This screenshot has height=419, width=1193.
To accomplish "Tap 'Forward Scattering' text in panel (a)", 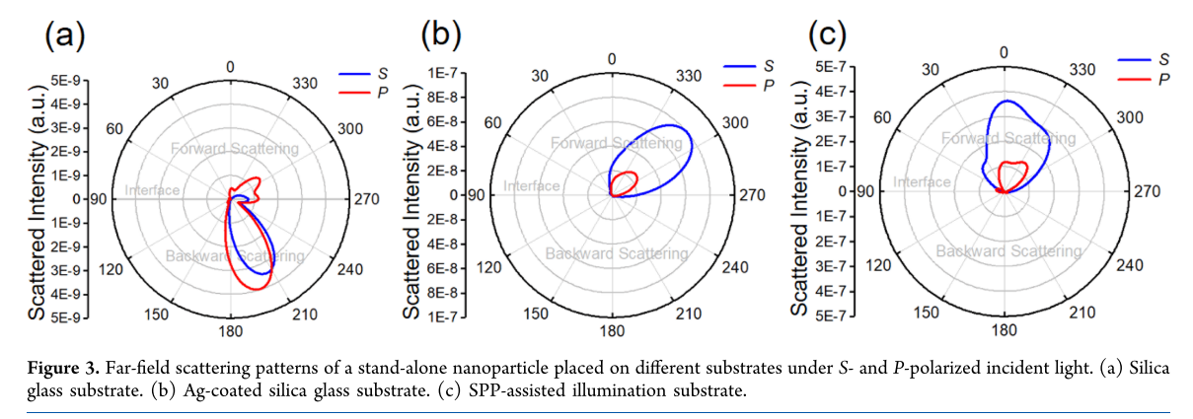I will [234, 149].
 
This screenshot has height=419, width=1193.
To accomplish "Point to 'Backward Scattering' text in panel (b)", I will [619, 253].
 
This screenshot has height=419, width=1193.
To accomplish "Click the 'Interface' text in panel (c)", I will [922, 182].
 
